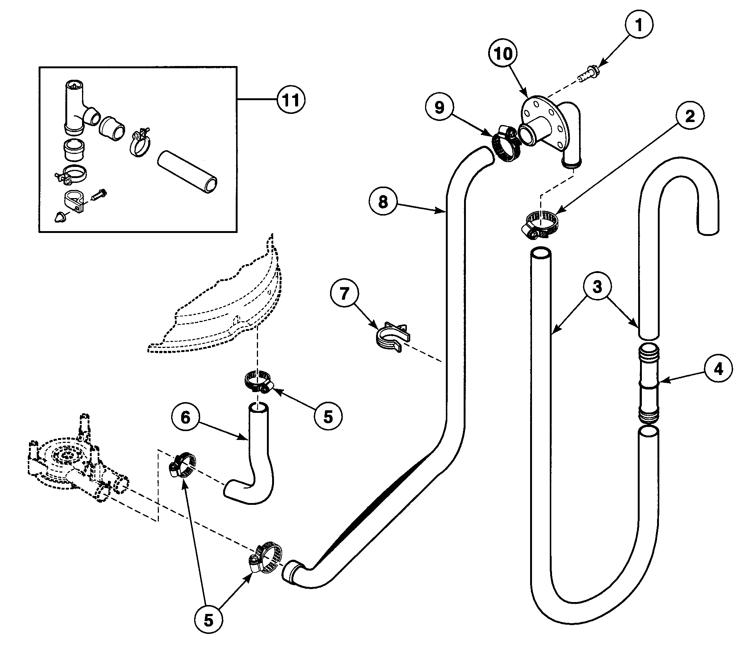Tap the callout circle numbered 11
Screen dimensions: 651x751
coord(291,100)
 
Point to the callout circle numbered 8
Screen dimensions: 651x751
coord(383,202)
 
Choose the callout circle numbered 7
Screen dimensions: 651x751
coord(345,295)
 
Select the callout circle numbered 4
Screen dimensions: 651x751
coord(719,369)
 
